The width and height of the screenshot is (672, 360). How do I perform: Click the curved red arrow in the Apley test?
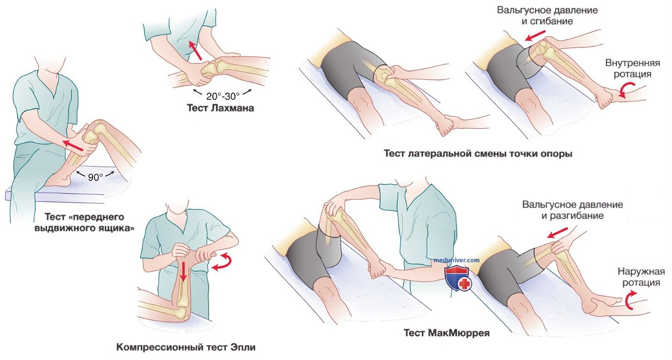pyautogui.click(x=222, y=261)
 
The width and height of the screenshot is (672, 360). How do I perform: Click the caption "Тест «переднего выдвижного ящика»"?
pyautogui.click(x=89, y=221)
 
